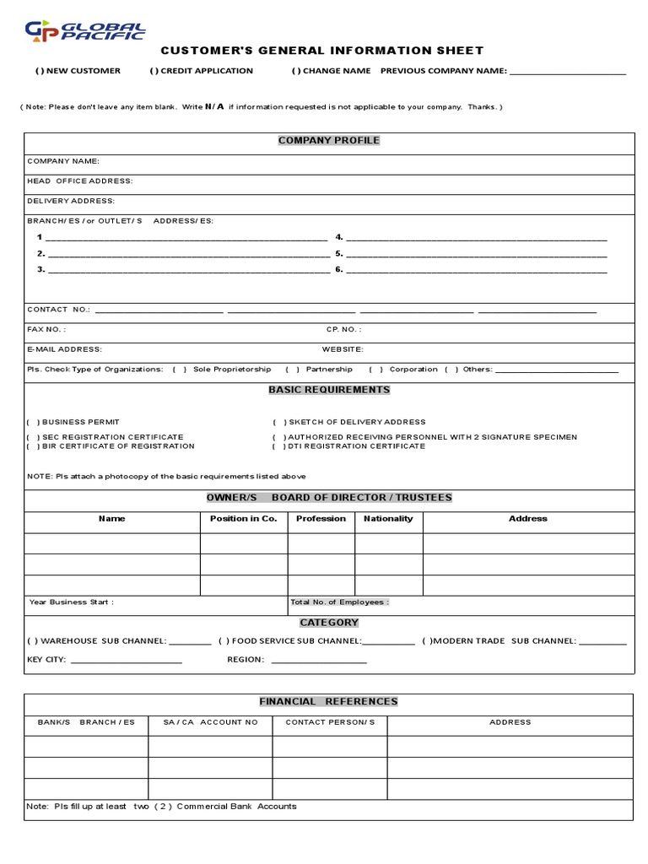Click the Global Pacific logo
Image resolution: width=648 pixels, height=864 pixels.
(x=84, y=31)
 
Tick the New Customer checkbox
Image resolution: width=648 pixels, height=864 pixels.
(x=38, y=71)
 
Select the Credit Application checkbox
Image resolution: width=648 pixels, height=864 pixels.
(x=154, y=71)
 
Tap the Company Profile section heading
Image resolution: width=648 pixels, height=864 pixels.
(x=329, y=140)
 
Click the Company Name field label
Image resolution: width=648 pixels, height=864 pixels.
(x=63, y=160)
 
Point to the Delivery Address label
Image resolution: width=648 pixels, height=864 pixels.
(x=71, y=201)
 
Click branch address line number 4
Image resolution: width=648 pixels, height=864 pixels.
(x=476, y=239)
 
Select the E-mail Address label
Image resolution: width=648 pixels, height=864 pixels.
(x=64, y=348)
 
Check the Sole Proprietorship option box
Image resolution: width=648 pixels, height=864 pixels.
(x=180, y=370)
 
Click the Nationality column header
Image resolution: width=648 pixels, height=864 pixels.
(x=388, y=519)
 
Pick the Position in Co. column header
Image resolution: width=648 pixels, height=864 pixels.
(x=243, y=519)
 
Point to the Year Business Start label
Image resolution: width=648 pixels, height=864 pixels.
(x=71, y=602)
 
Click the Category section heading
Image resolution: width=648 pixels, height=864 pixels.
(x=329, y=623)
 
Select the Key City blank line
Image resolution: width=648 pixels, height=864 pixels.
(x=127, y=661)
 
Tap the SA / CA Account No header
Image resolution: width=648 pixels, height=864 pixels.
(x=210, y=722)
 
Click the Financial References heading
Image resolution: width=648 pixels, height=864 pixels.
(x=328, y=701)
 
